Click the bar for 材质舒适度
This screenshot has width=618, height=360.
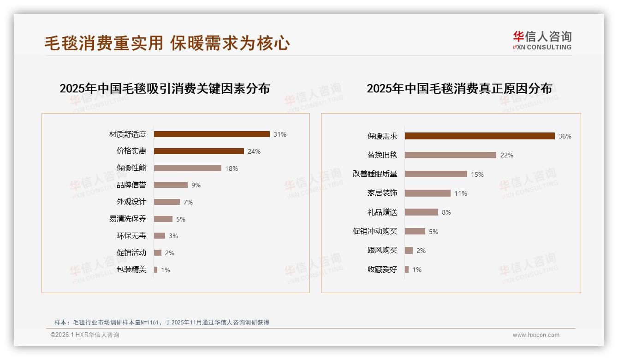click(212, 134)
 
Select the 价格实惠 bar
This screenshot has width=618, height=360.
click(199, 151)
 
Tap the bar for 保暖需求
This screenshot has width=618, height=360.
click(480, 136)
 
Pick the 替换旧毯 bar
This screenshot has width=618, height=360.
click(451, 155)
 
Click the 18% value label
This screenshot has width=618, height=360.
click(232, 168)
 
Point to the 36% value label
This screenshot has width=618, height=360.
click(565, 136)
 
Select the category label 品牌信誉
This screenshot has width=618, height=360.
click(131, 185)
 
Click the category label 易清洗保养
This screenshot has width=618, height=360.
click(128, 219)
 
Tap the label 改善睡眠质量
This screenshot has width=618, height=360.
click(375, 174)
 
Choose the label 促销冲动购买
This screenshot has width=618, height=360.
click(375, 231)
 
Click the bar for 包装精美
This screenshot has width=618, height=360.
click(156, 270)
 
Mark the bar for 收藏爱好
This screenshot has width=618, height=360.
click(407, 270)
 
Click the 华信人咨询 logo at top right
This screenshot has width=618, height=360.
click(542, 41)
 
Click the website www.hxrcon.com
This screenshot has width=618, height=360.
click(536, 335)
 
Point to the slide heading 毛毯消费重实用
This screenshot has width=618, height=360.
click(104, 43)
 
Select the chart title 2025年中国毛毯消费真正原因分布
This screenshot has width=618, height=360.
click(459, 89)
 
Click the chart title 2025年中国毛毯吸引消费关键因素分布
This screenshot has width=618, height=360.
click(165, 89)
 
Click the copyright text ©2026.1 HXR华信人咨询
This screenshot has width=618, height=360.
click(85, 335)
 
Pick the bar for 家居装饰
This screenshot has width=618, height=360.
click(428, 193)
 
